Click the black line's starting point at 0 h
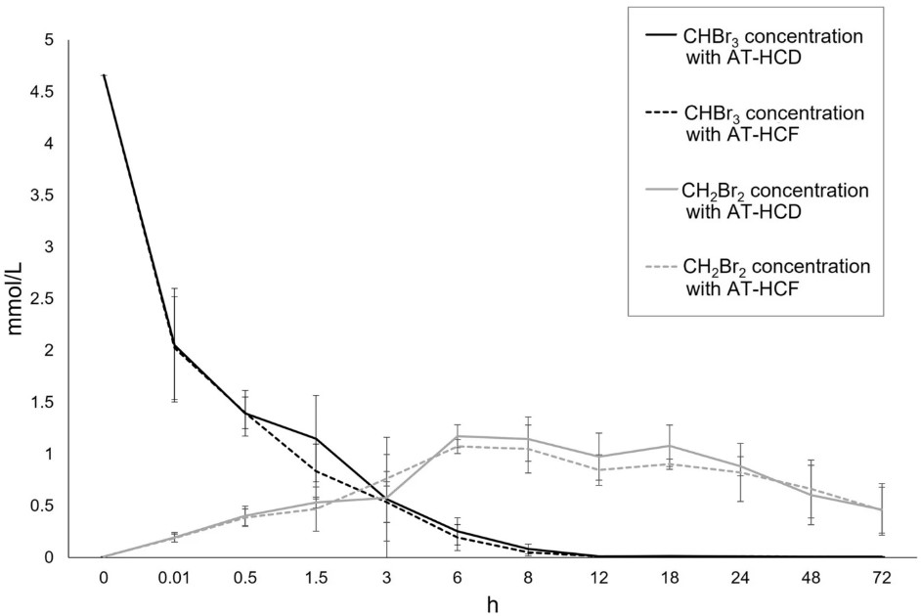(103, 75)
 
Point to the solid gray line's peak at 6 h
(458, 436)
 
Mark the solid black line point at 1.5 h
(316, 438)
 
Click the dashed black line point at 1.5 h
(316, 471)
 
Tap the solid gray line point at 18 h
(671, 446)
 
